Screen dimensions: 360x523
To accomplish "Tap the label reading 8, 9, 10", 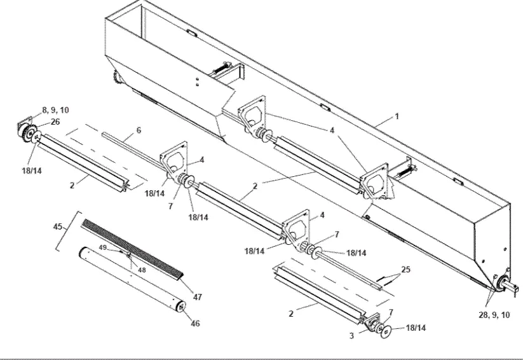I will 56,110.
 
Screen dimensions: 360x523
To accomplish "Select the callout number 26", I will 55,122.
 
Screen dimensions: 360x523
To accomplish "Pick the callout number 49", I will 103,248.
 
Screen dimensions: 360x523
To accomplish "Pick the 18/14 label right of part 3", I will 415,328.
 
